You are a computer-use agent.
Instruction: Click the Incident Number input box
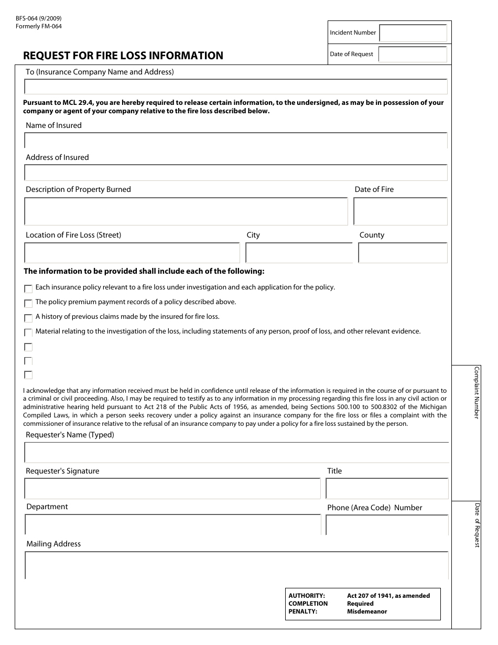tap(413, 33)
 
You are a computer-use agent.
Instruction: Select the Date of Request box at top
tap(413, 54)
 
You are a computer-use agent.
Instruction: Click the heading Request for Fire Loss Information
tap(123, 56)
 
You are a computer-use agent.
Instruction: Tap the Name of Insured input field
tap(236, 141)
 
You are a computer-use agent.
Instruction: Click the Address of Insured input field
tap(236, 173)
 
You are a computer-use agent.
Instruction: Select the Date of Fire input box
tap(400, 211)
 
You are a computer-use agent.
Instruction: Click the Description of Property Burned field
tap(186, 211)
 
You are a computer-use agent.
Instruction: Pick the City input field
tap(299, 253)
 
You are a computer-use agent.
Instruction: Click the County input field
tap(403, 253)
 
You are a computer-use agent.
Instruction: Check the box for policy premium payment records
tap(28, 303)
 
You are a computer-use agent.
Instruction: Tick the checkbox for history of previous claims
tap(28, 318)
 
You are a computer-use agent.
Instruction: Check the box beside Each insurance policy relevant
tap(28, 288)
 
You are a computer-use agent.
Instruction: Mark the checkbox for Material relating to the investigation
tap(28, 332)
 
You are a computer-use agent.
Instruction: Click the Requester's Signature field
tap(172, 488)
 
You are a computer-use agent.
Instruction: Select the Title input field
tap(387, 488)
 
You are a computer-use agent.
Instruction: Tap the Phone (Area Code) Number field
tap(387, 525)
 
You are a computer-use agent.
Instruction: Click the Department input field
tap(172, 524)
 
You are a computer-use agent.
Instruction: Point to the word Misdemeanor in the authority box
tap(367, 611)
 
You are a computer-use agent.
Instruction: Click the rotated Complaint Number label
tap(477, 392)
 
